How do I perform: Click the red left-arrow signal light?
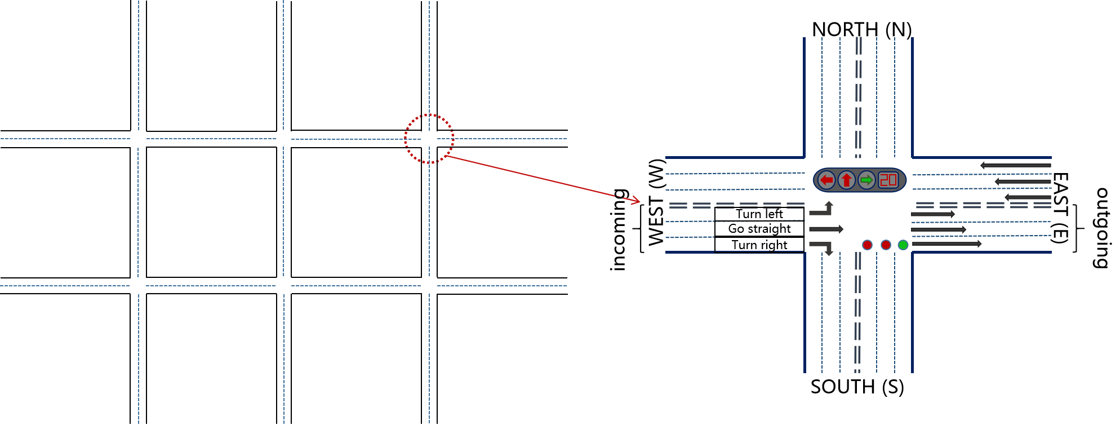(826, 180)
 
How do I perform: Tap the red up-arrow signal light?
(846, 180)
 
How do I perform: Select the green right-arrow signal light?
(866, 180)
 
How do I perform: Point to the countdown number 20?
(888, 180)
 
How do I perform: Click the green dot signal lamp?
(903, 245)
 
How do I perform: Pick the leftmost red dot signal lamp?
(868, 245)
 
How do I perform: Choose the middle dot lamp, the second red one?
(886, 245)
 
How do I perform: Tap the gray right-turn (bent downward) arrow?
(822, 247)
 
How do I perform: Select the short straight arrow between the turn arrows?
(826, 229)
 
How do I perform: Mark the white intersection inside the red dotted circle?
(429, 139)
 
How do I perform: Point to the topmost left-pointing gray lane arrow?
(1015, 165)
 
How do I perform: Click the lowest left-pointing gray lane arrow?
(1028, 197)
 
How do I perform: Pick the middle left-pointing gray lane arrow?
(1023, 181)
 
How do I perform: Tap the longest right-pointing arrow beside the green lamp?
(946, 244)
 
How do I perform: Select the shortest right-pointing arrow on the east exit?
(933, 214)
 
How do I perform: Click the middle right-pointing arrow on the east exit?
(939, 229)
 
